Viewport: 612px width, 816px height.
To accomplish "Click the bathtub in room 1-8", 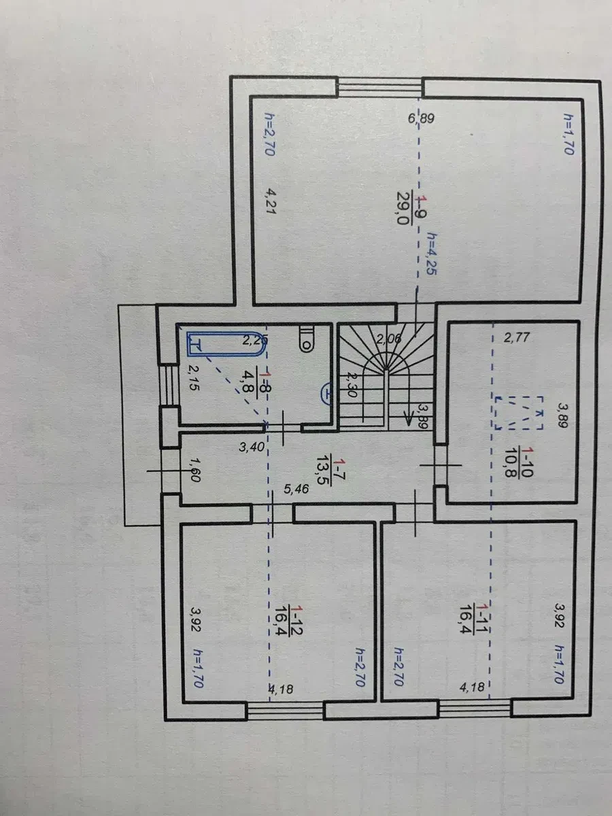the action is click(227, 344).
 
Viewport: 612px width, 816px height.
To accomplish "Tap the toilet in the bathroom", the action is click(307, 339).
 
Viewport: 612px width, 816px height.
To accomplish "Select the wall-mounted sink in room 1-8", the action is click(326, 394).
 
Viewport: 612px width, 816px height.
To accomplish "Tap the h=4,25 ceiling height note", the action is click(432, 254).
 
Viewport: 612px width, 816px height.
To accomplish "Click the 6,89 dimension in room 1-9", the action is click(421, 119).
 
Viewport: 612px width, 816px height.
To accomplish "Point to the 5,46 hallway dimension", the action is click(296, 488).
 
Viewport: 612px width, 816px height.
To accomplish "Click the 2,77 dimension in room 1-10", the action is click(516, 338).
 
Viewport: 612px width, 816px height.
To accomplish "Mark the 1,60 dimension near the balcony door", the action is click(194, 471).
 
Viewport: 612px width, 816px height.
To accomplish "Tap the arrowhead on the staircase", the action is click(408, 420).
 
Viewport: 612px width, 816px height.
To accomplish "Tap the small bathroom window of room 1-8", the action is click(169, 384).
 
